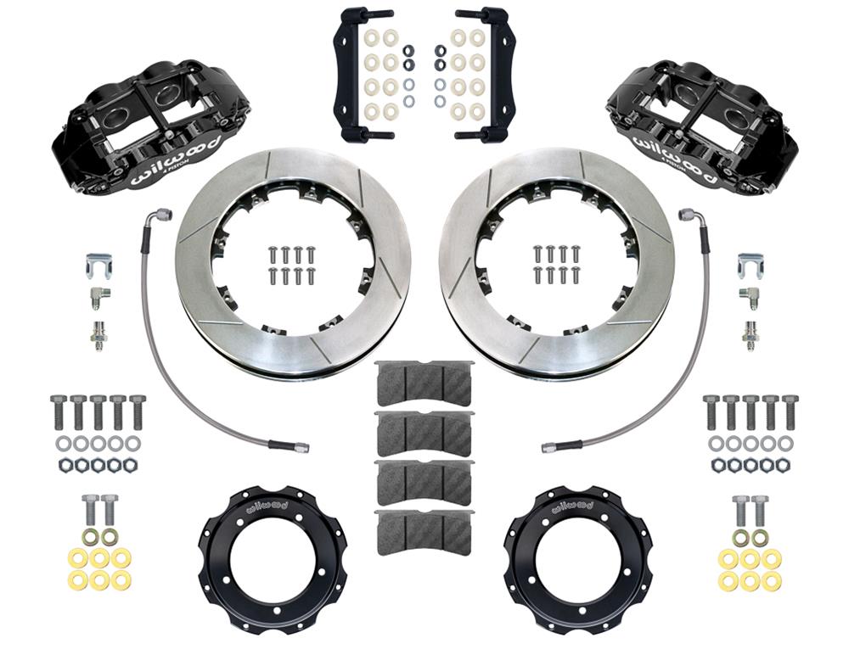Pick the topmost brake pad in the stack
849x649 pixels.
point(423,383)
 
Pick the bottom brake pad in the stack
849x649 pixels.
point(423,531)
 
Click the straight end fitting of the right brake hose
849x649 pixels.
point(551,445)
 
